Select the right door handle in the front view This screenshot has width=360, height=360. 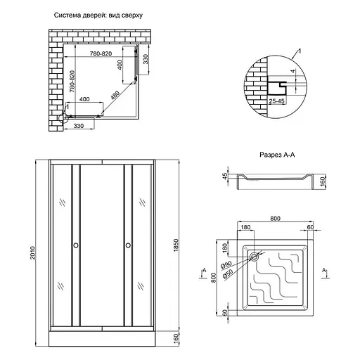coord(128,245)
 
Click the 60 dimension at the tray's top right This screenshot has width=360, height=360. coord(310,228)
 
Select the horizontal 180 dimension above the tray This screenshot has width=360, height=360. coord(246,228)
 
